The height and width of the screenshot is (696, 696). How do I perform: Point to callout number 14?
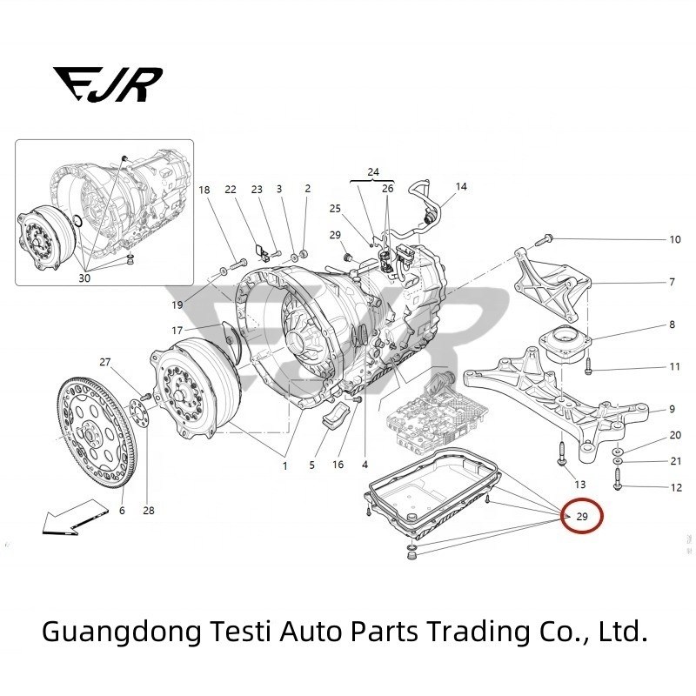461,187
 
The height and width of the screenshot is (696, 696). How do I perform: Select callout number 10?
674,239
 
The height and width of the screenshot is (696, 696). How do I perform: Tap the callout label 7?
672,283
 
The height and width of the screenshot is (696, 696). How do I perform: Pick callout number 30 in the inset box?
84,278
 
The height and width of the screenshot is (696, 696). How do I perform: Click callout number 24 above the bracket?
373,171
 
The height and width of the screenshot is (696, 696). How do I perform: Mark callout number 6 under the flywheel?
122,511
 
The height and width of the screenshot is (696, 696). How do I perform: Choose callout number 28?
149,511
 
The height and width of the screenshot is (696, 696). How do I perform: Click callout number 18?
204,190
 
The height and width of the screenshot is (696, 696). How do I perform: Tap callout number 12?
676,487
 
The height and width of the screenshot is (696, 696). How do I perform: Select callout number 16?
338,465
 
